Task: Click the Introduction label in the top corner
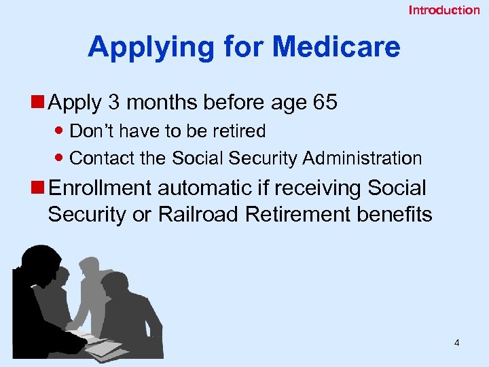tap(443, 10)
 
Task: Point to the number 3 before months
tap(113, 103)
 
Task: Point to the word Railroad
tap(198, 215)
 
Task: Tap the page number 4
tap(456, 343)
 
